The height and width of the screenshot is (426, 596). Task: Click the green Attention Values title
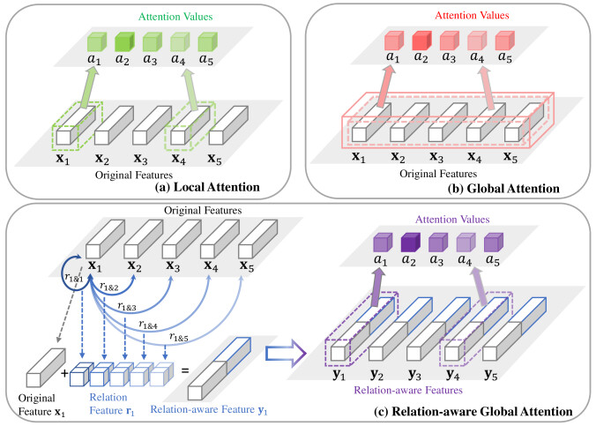pyautogui.click(x=175, y=17)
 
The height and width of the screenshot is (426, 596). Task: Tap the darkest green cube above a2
pyautogui.click(x=124, y=41)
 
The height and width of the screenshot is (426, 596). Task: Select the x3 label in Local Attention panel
pyautogui.click(x=140, y=159)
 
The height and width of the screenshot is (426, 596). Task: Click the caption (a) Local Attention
pyautogui.click(x=207, y=187)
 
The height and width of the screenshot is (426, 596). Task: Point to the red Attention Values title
pyautogui.click(x=472, y=15)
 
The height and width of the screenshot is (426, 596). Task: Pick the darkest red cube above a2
pyautogui.click(x=422, y=41)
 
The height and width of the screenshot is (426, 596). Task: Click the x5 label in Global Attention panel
pyautogui.click(x=510, y=157)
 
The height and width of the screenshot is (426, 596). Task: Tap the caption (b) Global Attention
pyautogui.click(x=503, y=189)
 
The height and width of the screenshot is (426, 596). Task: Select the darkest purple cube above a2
pyautogui.click(x=411, y=243)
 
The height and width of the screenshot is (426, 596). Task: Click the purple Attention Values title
pyautogui.click(x=452, y=220)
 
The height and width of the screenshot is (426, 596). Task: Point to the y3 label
pyautogui.click(x=414, y=375)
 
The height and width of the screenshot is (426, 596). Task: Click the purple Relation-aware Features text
pyautogui.click(x=408, y=390)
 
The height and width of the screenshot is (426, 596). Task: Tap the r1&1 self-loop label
pyautogui.click(x=74, y=278)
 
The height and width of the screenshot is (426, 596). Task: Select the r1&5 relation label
pyautogui.click(x=179, y=337)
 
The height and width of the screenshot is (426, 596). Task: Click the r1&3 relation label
pyautogui.click(x=127, y=306)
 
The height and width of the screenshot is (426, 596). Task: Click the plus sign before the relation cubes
pyautogui.click(x=64, y=373)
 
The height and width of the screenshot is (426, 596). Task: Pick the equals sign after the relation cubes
pyautogui.click(x=185, y=370)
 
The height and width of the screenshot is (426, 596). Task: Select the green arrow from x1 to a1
pyautogui.click(x=87, y=86)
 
